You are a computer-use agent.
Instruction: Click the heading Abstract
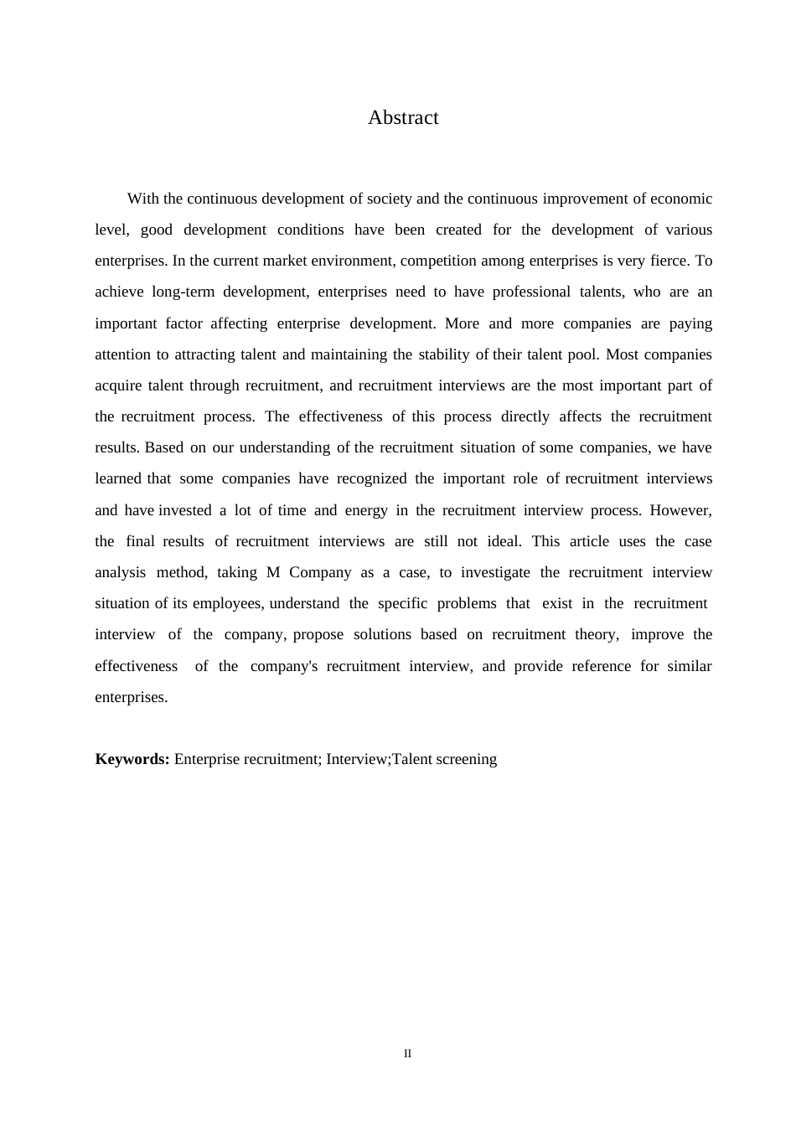pos(403,118)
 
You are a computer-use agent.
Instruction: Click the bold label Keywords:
pos(132,759)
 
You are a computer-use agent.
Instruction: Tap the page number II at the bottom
pos(407,1054)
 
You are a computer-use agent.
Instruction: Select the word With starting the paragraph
pos(143,199)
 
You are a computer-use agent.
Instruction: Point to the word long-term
pos(183,292)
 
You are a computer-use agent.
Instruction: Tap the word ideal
pos(504,541)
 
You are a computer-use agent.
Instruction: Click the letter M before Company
pos(273,572)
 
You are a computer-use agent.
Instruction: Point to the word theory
pos(597,634)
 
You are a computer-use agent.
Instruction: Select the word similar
pos(690,666)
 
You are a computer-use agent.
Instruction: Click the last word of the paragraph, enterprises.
pos(131,697)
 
